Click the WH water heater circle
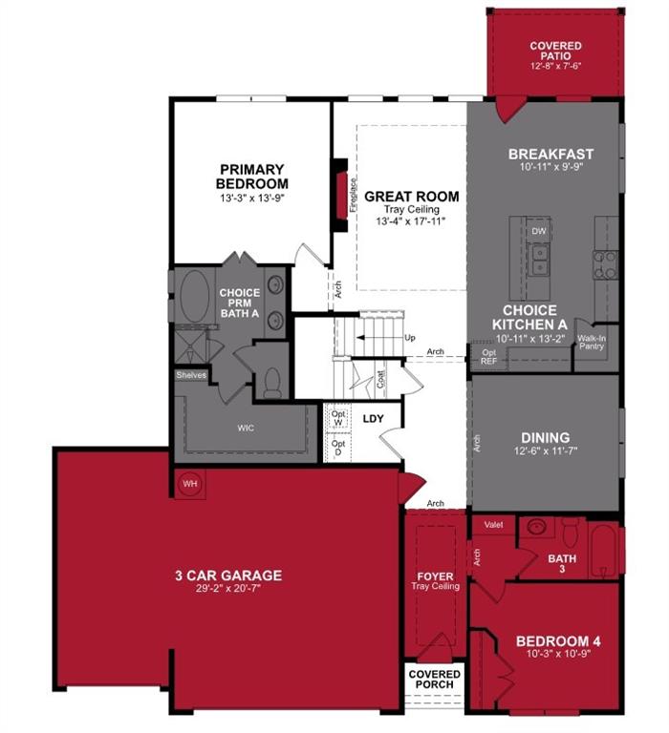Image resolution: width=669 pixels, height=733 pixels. [x=189, y=484]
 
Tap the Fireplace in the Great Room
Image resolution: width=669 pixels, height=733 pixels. [x=340, y=197]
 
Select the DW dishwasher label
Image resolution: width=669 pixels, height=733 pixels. [x=538, y=231]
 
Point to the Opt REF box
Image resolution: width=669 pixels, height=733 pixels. [x=488, y=357]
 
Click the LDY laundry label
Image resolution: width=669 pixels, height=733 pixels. [x=373, y=418]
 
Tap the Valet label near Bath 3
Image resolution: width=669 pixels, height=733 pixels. [x=493, y=524]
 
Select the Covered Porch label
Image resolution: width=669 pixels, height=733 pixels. [x=434, y=679]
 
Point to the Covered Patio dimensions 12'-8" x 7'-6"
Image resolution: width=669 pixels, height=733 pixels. [x=555, y=66]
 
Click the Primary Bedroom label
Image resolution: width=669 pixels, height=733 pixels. [x=251, y=177]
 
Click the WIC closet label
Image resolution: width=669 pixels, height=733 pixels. [x=247, y=429]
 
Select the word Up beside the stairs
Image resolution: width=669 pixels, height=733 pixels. [x=411, y=338]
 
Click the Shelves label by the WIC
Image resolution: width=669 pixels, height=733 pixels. [x=190, y=375]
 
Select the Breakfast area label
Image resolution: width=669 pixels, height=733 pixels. [x=550, y=154]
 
